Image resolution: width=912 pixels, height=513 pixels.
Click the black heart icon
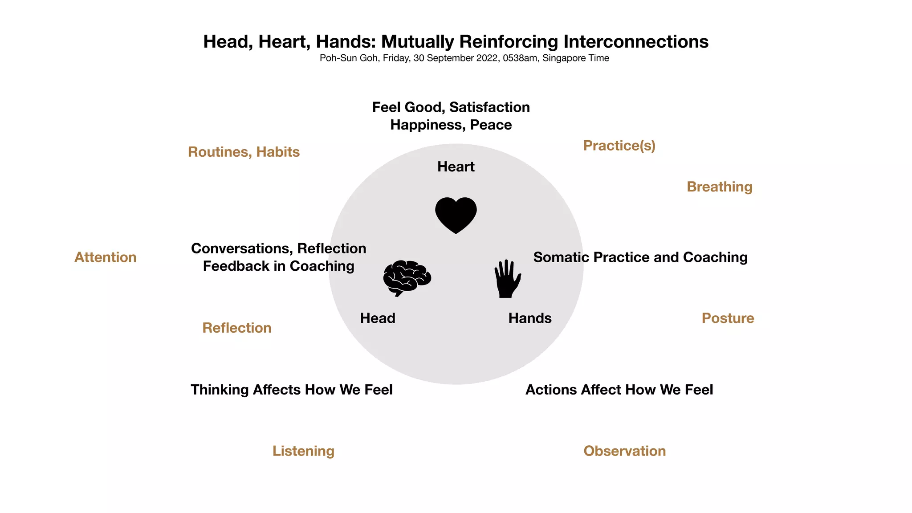pyautogui.click(x=456, y=215)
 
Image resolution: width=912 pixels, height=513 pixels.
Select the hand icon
pyautogui.click(x=507, y=279)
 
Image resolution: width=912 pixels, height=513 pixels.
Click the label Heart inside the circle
pyautogui.click(x=456, y=167)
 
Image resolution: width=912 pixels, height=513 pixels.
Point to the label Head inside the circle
pyautogui.click(x=378, y=318)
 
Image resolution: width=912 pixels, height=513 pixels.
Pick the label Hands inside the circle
pyautogui.click(x=530, y=318)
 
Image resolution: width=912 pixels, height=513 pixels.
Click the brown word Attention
pyautogui.click(x=105, y=257)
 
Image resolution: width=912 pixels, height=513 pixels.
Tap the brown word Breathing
pyautogui.click(x=719, y=187)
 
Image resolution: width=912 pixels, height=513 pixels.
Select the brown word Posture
pyautogui.click(x=728, y=318)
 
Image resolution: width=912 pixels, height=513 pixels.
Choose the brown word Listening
pyautogui.click(x=303, y=451)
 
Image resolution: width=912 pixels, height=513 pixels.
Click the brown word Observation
pyautogui.click(x=624, y=451)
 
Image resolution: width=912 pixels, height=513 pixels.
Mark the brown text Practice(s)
pyautogui.click(x=619, y=145)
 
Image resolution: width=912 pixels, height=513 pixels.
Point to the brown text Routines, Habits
pyautogui.click(x=244, y=152)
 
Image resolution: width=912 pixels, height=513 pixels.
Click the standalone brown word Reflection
pyautogui.click(x=236, y=328)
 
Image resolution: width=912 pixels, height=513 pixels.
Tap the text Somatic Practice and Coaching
pyautogui.click(x=640, y=257)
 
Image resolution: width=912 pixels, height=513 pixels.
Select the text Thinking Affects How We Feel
pyautogui.click(x=292, y=390)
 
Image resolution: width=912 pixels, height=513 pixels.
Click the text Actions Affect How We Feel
pyautogui.click(x=619, y=390)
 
